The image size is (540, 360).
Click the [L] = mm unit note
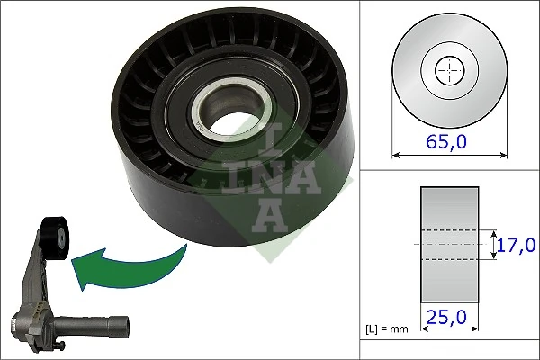(x=388, y=329)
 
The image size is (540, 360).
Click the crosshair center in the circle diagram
(x=447, y=69)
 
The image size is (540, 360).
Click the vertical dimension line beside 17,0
(x=494, y=244)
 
